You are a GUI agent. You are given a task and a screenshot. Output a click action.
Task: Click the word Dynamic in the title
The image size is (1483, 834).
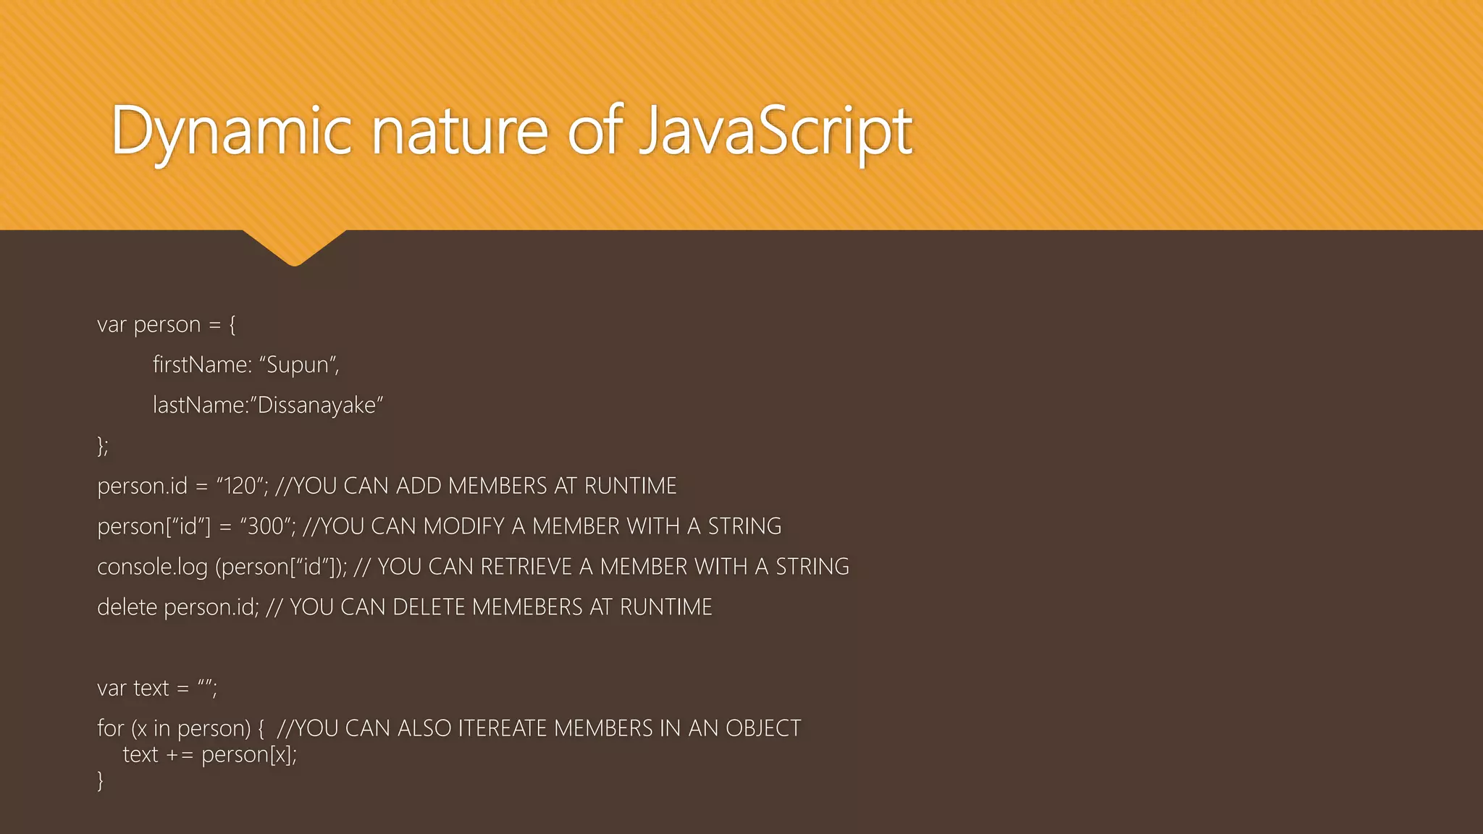(231, 132)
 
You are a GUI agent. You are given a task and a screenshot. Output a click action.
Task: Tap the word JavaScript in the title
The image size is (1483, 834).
(776, 132)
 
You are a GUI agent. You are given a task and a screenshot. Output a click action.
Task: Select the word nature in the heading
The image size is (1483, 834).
(460, 132)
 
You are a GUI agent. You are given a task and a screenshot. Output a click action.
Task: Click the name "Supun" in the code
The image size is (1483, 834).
(298, 365)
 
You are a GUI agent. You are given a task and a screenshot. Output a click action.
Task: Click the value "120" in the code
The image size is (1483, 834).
(241, 486)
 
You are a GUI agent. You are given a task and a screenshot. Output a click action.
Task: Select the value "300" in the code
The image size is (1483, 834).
(266, 526)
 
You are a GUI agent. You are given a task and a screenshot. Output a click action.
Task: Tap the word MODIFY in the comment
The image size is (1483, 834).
(463, 526)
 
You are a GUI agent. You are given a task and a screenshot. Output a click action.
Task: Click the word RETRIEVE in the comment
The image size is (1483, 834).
(526, 567)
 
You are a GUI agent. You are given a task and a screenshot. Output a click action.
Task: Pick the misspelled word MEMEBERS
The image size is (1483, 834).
(527, 607)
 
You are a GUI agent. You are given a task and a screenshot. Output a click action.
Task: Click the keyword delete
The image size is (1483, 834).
(127, 607)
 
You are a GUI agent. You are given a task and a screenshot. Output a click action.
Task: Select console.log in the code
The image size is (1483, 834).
(152, 567)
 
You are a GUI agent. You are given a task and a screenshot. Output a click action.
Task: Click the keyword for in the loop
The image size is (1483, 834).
(110, 728)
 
